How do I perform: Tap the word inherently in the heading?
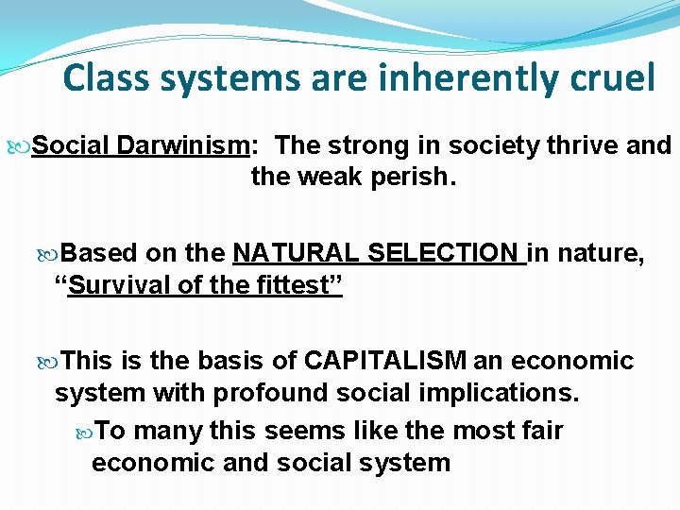coord(426,78)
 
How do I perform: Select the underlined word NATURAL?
coord(296,254)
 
